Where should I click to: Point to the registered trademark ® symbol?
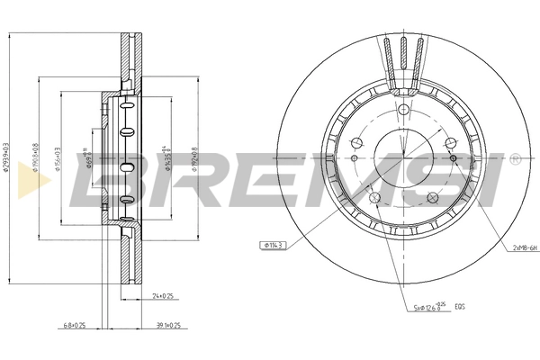click(x=515, y=157)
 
